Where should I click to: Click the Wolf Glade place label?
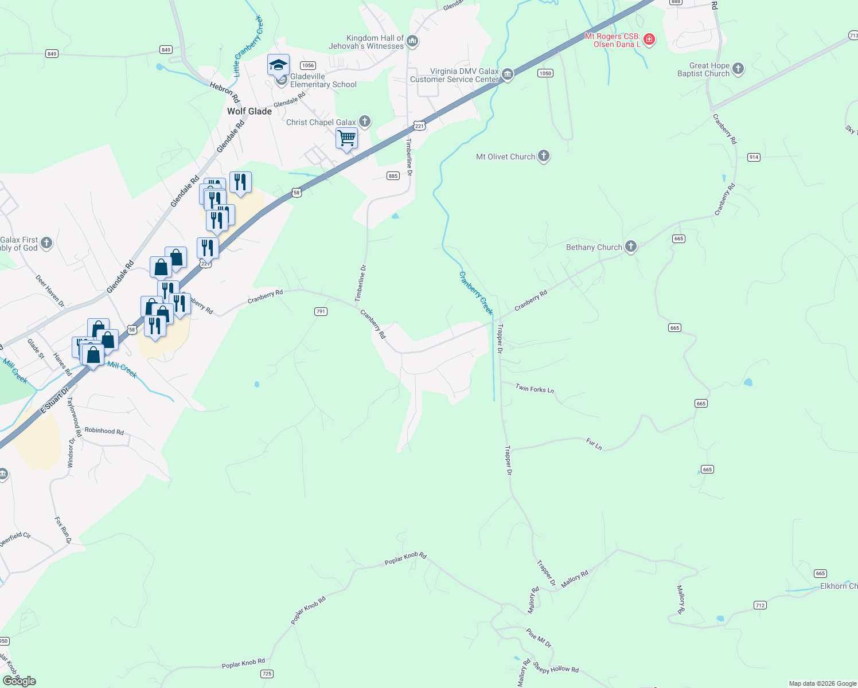click(x=249, y=111)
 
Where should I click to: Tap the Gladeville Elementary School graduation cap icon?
click(x=278, y=65)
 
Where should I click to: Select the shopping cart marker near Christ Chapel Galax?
click(x=346, y=138)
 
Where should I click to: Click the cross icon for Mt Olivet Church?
click(x=544, y=156)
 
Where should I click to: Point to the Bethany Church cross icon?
click(x=631, y=247)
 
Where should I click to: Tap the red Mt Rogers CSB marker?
click(x=649, y=40)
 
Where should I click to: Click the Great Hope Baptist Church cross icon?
click(x=738, y=69)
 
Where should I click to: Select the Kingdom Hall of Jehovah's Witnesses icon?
click(x=412, y=41)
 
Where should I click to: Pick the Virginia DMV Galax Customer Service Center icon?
click(x=508, y=75)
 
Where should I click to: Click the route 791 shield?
click(x=321, y=311)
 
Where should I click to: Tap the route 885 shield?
click(x=393, y=176)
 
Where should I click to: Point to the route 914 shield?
click(x=754, y=157)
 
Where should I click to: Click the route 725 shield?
click(x=267, y=674)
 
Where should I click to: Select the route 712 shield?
click(x=760, y=605)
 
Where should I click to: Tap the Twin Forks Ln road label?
click(x=535, y=389)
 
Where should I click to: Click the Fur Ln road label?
click(x=594, y=444)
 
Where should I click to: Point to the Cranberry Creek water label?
click(x=475, y=292)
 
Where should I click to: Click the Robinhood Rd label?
click(x=104, y=431)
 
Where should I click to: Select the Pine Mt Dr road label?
click(x=539, y=638)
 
